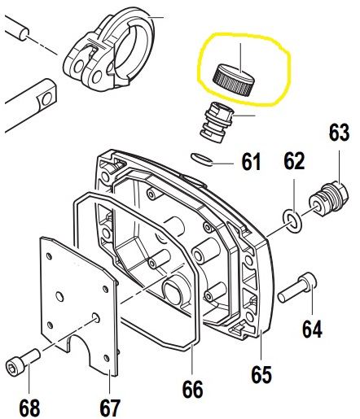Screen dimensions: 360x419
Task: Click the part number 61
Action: [251, 162]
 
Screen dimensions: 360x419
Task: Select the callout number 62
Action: [294, 161]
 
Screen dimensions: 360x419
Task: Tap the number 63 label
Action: [339, 133]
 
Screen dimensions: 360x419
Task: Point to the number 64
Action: [312, 329]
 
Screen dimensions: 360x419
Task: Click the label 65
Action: [261, 375]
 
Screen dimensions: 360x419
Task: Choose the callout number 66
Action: [192, 390]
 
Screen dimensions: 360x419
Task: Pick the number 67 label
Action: [110, 408]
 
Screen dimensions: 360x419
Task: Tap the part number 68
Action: [29, 408]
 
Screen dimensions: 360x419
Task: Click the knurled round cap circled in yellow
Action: [234, 79]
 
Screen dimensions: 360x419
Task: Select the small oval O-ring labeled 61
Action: [201, 159]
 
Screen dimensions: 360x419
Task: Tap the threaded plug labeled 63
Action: [328, 199]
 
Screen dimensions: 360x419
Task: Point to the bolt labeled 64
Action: [297, 288]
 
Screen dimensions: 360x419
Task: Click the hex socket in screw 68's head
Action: [11, 368]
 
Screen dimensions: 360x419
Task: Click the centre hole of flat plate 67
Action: [60, 296]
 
